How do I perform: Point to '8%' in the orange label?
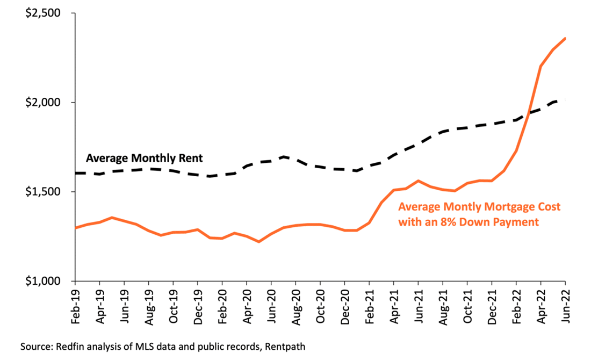click(x=449, y=221)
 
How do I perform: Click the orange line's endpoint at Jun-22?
click(x=565, y=38)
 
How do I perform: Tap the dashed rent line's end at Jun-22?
click(x=565, y=100)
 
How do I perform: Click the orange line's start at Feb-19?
click(x=75, y=228)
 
